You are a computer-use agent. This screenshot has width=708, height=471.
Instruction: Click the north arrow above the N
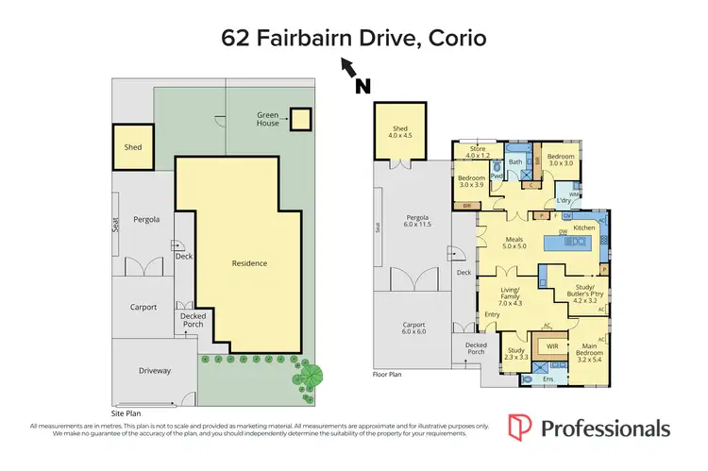[348, 66]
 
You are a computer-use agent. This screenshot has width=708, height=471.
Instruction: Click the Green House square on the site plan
[299, 119]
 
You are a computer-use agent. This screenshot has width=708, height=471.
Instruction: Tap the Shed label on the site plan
[132, 147]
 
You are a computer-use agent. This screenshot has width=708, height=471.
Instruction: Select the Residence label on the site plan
[249, 263]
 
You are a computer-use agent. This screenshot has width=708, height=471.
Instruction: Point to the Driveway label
[155, 370]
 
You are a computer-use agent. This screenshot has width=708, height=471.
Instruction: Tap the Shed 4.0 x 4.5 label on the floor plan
[394, 131]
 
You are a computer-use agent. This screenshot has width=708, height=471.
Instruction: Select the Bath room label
[515, 162]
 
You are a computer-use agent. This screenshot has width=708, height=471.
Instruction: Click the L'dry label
[565, 200]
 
